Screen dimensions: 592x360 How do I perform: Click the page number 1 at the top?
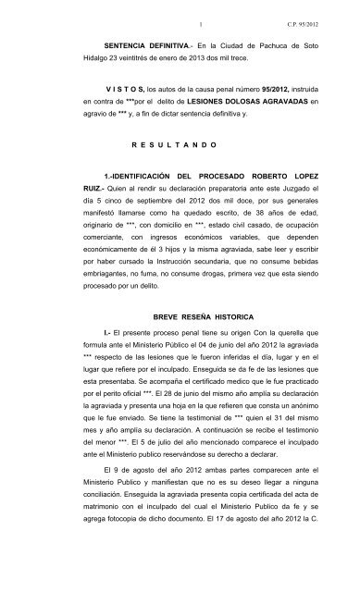pos(174,10)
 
